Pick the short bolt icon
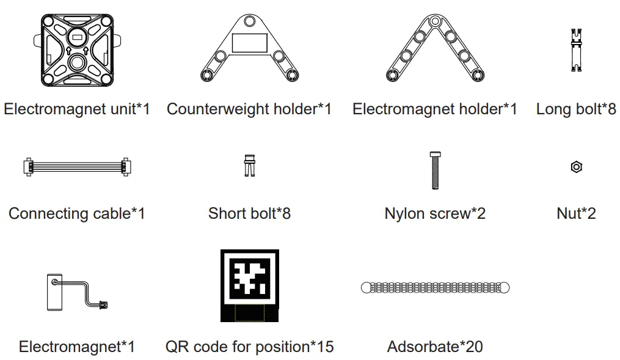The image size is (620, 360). [x=249, y=165]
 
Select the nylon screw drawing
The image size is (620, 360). [x=435, y=170]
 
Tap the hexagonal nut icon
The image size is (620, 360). [x=575, y=166]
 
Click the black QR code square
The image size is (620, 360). [x=249, y=285]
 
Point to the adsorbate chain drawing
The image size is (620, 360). [x=435, y=287]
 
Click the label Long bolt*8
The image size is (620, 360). [x=575, y=109]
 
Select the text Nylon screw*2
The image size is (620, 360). [x=435, y=213]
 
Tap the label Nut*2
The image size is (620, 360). [x=575, y=213]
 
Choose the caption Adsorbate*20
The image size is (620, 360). [x=435, y=347]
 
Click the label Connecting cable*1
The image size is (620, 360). [x=77, y=213]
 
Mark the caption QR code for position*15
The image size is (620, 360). [x=249, y=347]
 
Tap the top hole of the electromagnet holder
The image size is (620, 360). [x=434, y=21]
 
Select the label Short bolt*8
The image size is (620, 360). [x=249, y=213]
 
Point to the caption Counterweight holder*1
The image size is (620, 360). [x=249, y=109]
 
